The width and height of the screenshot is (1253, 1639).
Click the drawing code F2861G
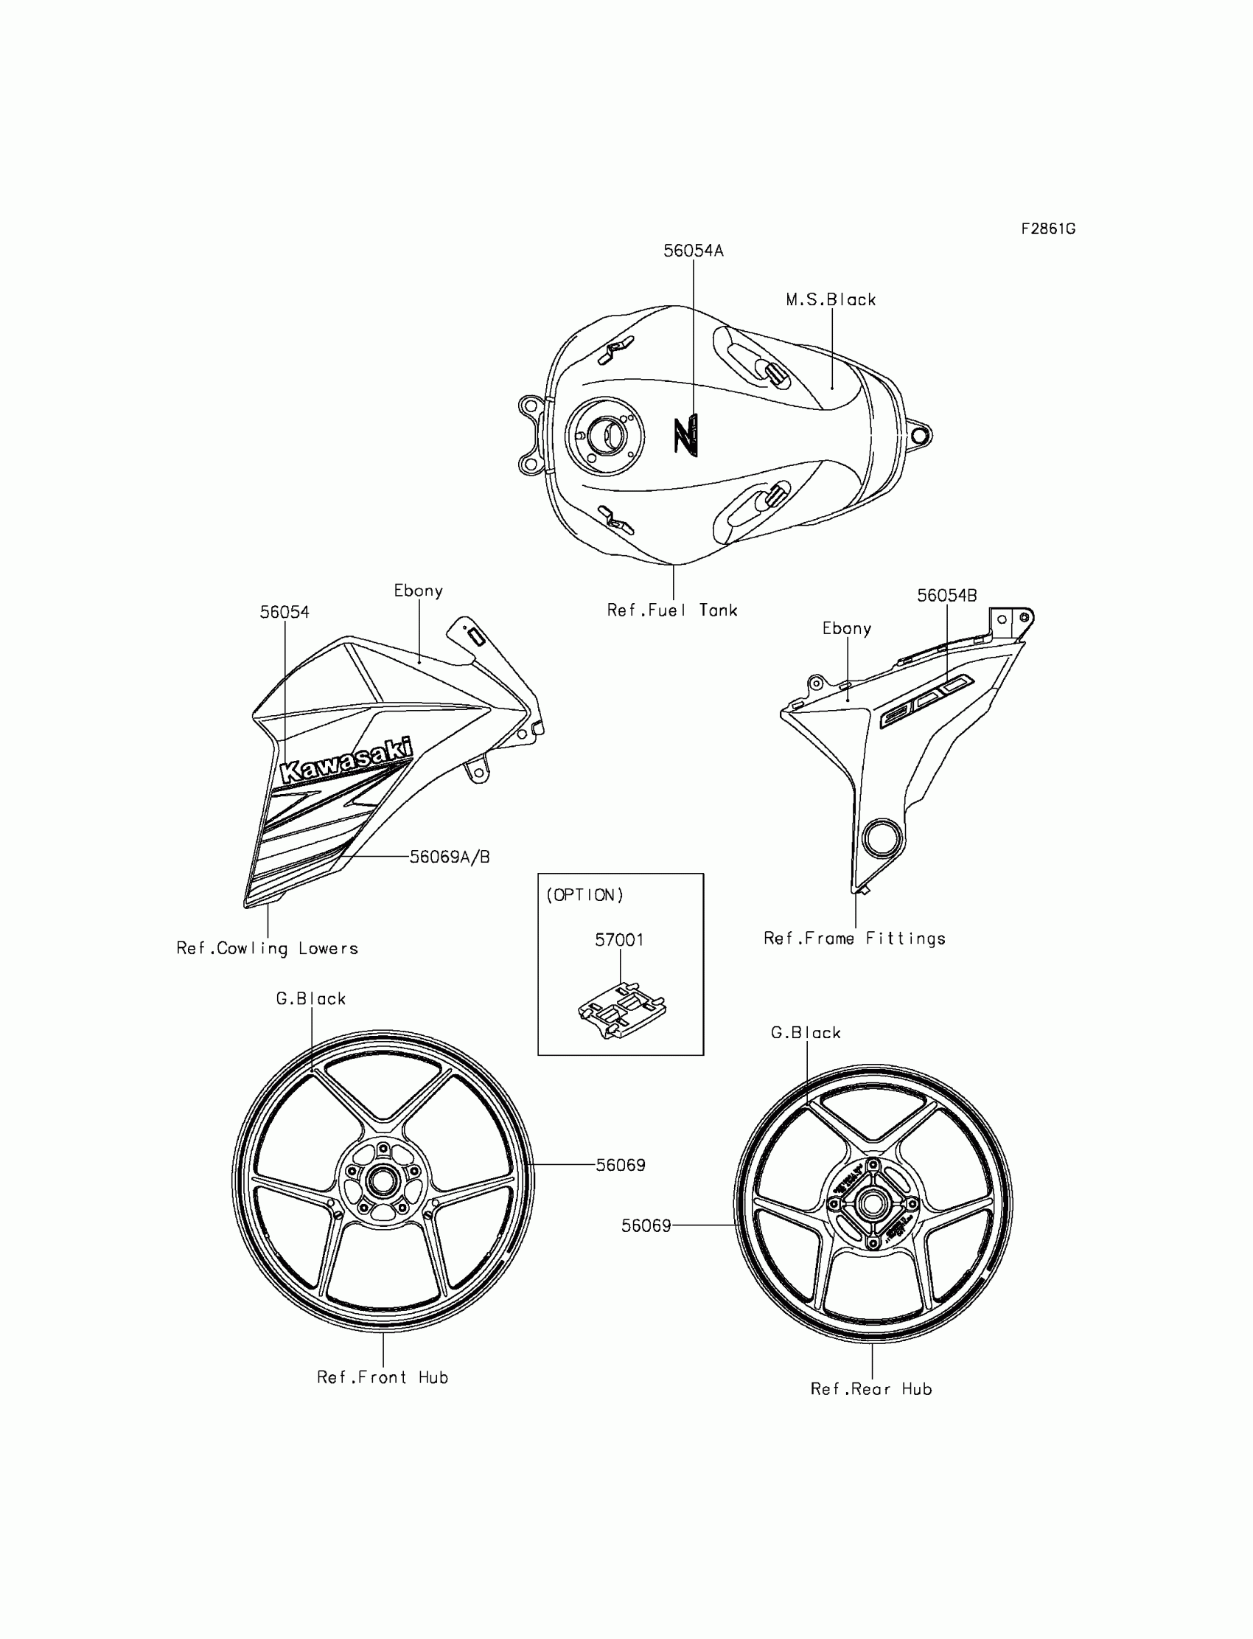[x=1048, y=229]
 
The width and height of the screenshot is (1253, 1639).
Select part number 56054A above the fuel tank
[x=693, y=251]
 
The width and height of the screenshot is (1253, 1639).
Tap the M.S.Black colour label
[x=830, y=300]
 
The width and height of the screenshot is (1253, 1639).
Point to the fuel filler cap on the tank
[x=604, y=434]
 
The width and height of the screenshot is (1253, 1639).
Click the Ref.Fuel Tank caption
[x=672, y=610]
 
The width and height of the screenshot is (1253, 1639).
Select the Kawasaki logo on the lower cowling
[x=346, y=760]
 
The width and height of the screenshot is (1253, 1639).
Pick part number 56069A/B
[x=450, y=857]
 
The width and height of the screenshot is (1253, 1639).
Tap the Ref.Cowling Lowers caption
[x=267, y=948]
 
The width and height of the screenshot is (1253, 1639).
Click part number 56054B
[x=946, y=595]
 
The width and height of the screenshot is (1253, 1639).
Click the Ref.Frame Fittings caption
[x=854, y=939]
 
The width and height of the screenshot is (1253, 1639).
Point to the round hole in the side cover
[x=882, y=838]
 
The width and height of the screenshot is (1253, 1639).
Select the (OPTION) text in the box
[x=584, y=895]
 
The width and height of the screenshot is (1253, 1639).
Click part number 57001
[x=619, y=940]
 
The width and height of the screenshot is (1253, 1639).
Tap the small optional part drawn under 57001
[x=622, y=1010]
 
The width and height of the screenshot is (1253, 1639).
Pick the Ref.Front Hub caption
[x=383, y=1378]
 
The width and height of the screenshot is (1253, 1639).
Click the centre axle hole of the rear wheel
[x=871, y=1203]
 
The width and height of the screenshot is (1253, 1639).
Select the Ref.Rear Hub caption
[x=871, y=1389]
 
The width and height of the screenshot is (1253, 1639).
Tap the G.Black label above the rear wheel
[x=806, y=1033]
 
